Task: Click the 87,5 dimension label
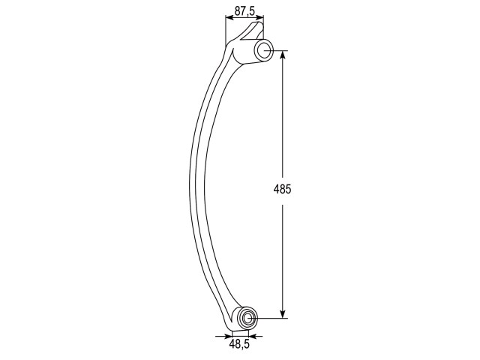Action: click(x=244, y=11)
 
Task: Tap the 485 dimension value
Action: click(x=282, y=189)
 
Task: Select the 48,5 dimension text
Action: click(x=239, y=344)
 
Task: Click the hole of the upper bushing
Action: click(x=265, y=50)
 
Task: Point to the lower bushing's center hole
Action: click(x=247, y=319)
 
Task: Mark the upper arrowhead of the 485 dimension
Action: click(x=283, y=55)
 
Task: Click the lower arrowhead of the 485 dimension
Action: click(x=283, y=313)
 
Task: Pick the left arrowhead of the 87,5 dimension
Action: click(x=229, y=18)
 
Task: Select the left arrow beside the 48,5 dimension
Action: click(x=223, y=337)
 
